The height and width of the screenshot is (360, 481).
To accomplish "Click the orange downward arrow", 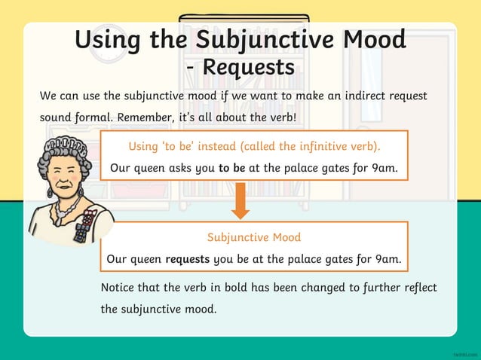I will (x=240, y=202).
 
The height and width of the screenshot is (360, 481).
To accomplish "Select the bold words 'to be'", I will (x=231, y=168).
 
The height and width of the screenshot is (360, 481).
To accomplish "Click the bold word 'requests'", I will (x=188, y=259).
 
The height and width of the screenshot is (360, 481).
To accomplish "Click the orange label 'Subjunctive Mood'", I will (x=254, y=237).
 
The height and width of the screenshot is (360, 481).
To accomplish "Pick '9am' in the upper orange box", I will (x=385, y=168).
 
